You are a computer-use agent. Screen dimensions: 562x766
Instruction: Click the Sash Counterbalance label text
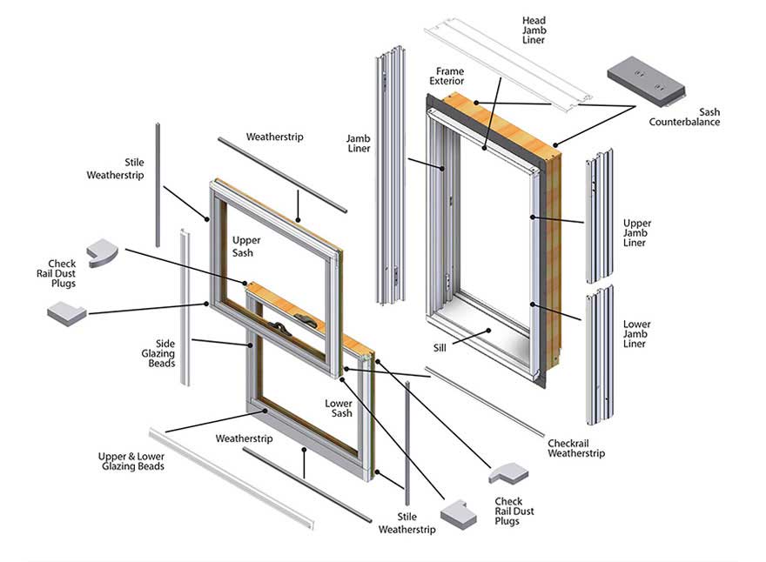(x=684, y=117)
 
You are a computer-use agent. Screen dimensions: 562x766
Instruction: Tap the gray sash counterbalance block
(x=645, y=77)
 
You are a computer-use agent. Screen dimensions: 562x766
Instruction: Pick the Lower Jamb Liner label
(x=636, y=334)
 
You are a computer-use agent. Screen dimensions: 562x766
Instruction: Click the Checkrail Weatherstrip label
(x=575, y=448)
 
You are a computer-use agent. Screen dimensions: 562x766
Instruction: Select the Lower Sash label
(x=339, y=408)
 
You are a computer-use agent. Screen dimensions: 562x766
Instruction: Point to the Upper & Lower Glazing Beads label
(x=131, y=461)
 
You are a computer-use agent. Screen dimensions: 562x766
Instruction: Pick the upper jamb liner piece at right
(x=599, y=217)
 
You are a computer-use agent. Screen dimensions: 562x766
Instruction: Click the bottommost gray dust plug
(x=458, y=513)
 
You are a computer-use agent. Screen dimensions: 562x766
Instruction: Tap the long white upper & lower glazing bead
(x=231, y=478)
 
